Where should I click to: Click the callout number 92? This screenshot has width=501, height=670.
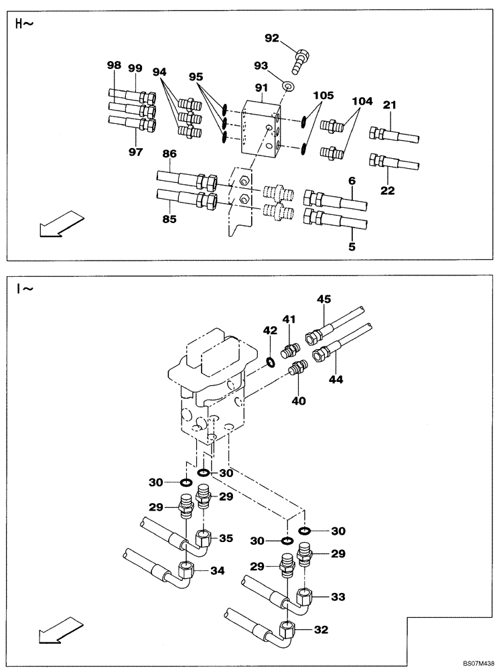tap(271, 38)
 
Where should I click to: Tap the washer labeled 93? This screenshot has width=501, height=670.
tap(289, 86)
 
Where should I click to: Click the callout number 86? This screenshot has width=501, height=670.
tap(169, 154)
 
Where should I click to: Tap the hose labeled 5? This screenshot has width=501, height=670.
tap(336, 219)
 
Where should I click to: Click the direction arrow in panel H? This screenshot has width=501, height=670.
tap(61, 223)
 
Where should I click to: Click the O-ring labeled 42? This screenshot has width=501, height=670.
tap(271, 362)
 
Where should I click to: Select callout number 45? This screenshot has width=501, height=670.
tap(324, 299)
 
